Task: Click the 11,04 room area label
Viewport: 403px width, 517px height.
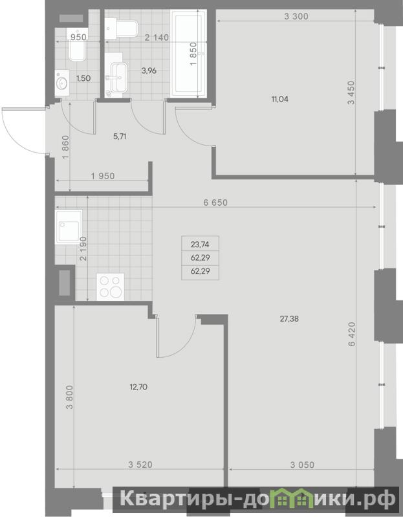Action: click(279, 99)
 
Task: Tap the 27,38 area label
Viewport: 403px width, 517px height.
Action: click(289, 319)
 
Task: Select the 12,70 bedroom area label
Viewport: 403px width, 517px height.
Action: click(138, 387)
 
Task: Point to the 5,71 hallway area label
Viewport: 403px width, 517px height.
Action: click(120, 137)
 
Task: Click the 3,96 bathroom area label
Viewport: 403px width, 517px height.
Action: click(149, 71)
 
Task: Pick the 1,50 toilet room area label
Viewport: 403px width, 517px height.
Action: click(83, 78)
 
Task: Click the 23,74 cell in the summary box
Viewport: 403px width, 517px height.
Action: click(200, 245)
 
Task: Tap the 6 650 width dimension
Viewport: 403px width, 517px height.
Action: click(215, 203)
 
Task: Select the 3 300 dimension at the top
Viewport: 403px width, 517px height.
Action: click(296, 16)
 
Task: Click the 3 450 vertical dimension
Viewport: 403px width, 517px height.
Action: click(351, 93)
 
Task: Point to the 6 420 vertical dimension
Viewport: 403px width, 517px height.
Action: click(352, 334)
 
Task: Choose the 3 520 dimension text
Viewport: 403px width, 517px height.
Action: click(140, 465)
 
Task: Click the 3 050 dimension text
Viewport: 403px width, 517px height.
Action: click(302, 465)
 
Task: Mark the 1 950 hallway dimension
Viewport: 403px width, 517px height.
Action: click(103, 176)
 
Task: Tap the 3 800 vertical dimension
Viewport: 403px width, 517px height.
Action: click(69, 397)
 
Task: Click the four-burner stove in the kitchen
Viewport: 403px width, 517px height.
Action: click(110, 287)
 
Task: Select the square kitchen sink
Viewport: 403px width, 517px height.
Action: click(69, 227)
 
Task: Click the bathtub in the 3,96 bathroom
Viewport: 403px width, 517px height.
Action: click(188, 54)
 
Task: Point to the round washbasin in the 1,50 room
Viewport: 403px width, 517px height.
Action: click(62, 83)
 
